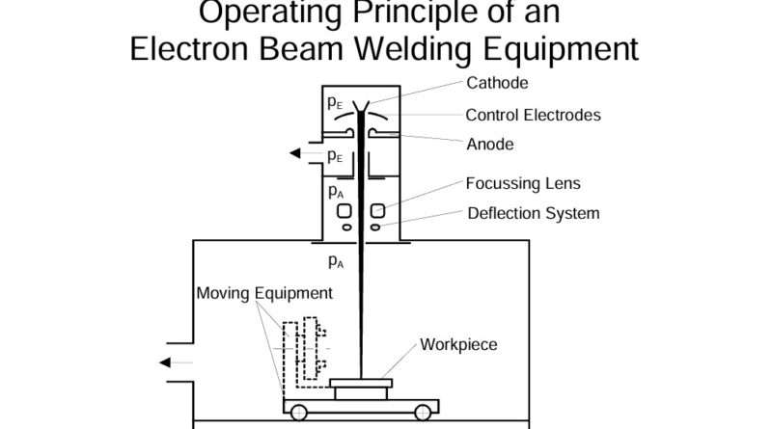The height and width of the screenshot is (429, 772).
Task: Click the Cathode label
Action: click(497, 83)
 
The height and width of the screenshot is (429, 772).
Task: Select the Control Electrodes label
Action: click(533, 115)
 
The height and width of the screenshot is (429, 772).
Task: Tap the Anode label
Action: click(489, 145)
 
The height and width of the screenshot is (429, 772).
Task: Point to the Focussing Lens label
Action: click(523, 183)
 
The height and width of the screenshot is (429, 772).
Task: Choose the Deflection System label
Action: click(534, 213)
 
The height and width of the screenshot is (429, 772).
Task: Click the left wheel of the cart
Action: click(299, 413)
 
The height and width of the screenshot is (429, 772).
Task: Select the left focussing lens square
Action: click(342, 210)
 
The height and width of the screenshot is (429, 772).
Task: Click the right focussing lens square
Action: click(377, 210)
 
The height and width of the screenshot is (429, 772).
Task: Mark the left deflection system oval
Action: click(345, 228)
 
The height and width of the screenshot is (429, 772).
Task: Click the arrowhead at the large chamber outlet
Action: click(166, 362)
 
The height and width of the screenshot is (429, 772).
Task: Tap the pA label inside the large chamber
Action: click(336, 261)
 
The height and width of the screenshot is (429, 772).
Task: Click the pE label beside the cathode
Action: click(334, 101)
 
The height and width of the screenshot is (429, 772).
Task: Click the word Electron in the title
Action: click(188, 48)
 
